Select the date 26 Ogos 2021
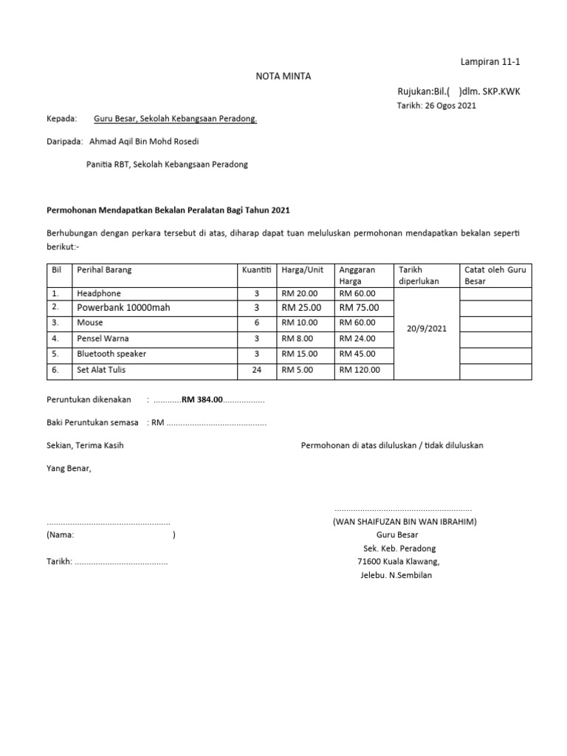pyautogui.click(x=436, y=106)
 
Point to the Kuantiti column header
pyautogui.click(x=256, y=270)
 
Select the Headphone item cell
pyautogui.click(x=98, y=293)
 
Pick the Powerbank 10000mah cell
pyautogui.click(x=123, y=308)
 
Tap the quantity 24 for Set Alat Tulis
pyautogui.click(x=256, y=370)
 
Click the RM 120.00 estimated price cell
pyautogui.click(x=360, y=370)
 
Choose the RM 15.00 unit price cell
pyautogui.click(x=300, y=354)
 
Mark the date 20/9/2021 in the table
pyautogui.click(x=427, y=328)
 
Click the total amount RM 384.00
pyautogui.click(x=202, y=399)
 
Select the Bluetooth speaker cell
pyautogui.click(x=111, y=354)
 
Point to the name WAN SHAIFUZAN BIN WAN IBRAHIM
pyautogui.click(x=404, y=522)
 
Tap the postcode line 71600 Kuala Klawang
pyautogui.click(x=398, y=562)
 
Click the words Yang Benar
pyautogui.click(x=69, y=468)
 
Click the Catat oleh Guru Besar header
pyautogui.click(x=495, y=275)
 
